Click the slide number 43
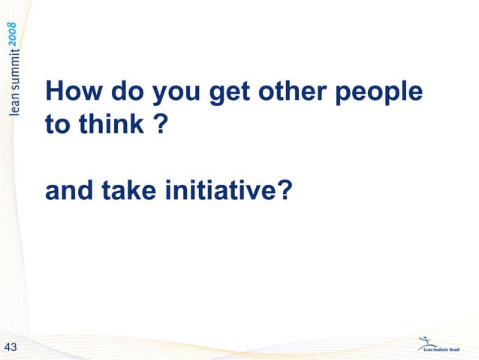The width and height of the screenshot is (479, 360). click(11, 346)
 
